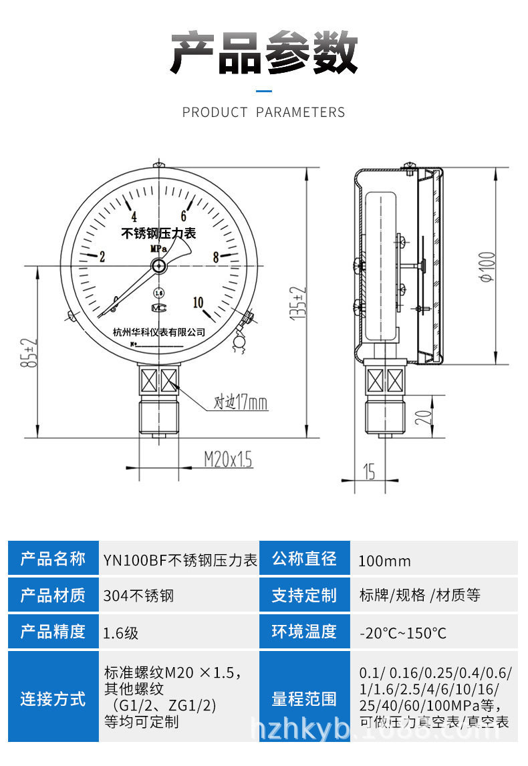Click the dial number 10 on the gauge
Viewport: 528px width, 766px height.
198,302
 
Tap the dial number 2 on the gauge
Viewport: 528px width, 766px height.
102,257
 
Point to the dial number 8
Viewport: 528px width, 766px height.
216,257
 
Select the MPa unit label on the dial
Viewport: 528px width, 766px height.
158,249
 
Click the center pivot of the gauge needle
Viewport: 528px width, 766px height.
159,266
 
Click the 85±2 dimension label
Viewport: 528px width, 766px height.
28,353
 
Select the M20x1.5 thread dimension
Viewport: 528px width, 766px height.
228,459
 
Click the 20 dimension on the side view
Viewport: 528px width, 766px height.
423,417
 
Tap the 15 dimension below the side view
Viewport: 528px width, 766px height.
369,472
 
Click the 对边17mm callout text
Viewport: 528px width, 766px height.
241,403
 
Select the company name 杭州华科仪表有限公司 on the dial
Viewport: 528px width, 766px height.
159,332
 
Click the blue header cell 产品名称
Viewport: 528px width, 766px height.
53,558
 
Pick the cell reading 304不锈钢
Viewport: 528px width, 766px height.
139,595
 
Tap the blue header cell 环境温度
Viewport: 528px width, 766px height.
304,632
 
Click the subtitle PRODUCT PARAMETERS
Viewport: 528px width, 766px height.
264,112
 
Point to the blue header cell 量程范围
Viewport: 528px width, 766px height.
304,700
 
